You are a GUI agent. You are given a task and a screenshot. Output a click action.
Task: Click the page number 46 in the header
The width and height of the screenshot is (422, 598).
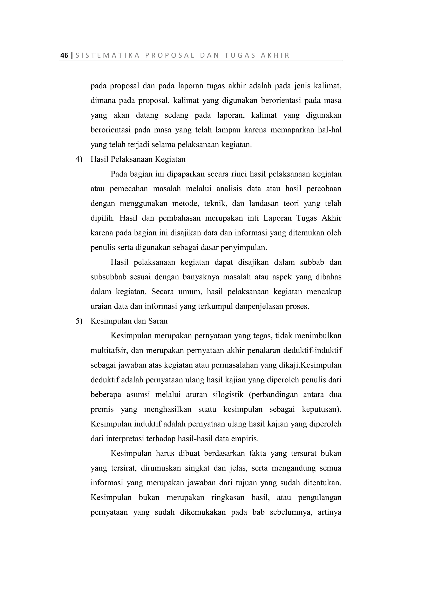[x=64, y=56]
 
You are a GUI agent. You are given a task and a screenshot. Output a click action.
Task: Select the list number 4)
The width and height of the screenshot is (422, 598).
[x=79, y=159]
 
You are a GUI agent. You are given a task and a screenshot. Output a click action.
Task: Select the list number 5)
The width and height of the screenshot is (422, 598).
[x=79, y=321]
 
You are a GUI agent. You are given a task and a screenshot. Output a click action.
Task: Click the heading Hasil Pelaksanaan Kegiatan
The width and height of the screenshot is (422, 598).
[x=138, y=159]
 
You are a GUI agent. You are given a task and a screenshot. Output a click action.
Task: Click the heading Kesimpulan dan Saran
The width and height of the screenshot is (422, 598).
[x=129, y=321]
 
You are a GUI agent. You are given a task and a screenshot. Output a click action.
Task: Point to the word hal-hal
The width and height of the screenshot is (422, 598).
[x=329, y=130]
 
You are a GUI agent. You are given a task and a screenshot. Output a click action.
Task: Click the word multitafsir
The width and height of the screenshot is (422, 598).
[x=109, y=351]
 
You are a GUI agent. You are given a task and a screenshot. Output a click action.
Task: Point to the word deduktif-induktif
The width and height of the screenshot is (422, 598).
[x=313, y=351]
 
